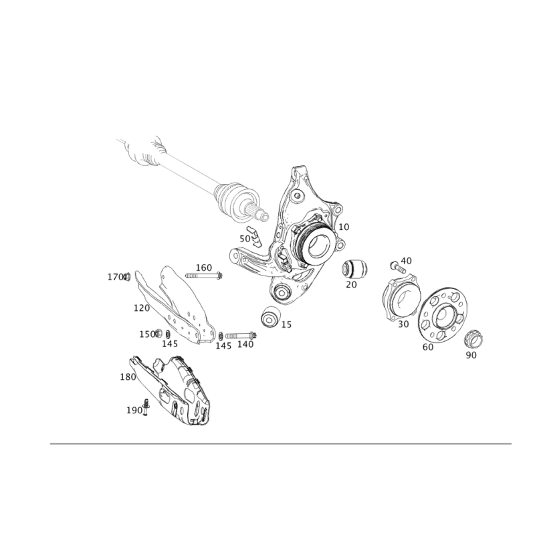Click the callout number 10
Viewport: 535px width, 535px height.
point(344,227)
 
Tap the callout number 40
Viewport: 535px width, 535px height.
point(406,260)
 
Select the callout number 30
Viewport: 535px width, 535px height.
point(403,324)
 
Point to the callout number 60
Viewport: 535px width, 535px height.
point(429,347)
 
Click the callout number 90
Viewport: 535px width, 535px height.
point(471,356)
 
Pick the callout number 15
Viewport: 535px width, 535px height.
point(286,324)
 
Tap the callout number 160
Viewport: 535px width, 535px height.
point(203,267)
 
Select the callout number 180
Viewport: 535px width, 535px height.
point(127,377)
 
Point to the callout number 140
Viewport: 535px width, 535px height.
point(246,344)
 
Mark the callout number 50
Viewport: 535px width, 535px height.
point(244,239)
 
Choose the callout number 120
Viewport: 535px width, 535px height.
point(141,308)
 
